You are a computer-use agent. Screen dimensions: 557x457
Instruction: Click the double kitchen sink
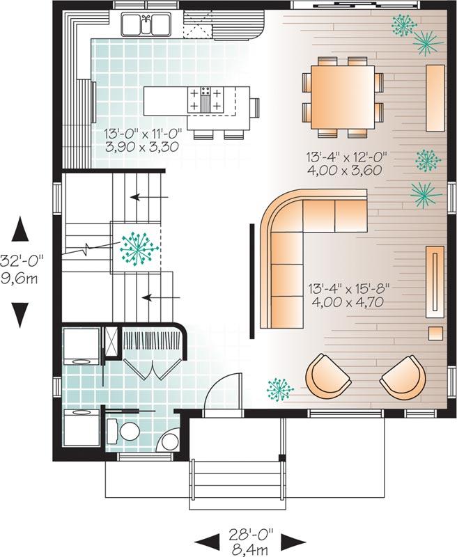pos(145,26)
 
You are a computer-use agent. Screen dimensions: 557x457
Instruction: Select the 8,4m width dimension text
pos(251,549)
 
